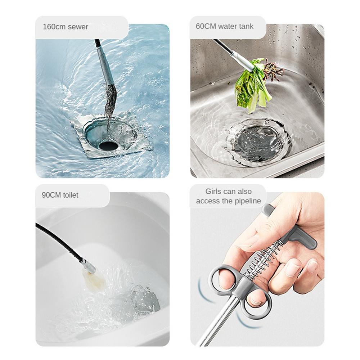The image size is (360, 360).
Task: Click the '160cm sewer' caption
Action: (65, 27)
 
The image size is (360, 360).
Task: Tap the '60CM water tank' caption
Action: (224, 26)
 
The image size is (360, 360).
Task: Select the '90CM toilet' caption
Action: (60, 195)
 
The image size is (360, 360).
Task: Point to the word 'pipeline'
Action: (248, 201)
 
